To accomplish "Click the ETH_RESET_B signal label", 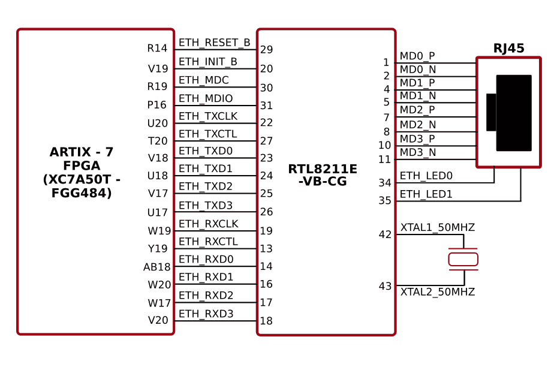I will [x=214, y=43].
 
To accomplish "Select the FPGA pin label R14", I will [x=157, y=49].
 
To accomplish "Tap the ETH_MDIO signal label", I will [x=206, y=98].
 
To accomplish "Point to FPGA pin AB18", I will [x=156, y=267].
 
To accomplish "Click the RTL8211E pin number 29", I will [x=267, y=50].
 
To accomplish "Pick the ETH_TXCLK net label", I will [x=208, y=116].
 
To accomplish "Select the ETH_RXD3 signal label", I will [x=206, y=314].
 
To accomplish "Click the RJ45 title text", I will [x=508, y=49].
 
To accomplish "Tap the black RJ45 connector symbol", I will [x=513, y=113].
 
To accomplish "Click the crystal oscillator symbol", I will [x=463, y=259].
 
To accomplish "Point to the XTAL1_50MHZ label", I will [x=437, y=228].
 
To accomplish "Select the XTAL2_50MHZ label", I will [x=437, y=292].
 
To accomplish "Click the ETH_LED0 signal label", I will [x=426, y=176].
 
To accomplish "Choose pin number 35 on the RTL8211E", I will [x=385, y=201].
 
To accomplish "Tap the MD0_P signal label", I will [x=417, y=56].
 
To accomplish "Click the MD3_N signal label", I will [x=418, y=152].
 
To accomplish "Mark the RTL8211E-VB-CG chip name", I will [x=323, y=175].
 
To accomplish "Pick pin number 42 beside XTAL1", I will [x=385, y=234].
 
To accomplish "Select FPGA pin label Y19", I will [x=158, y=249].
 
